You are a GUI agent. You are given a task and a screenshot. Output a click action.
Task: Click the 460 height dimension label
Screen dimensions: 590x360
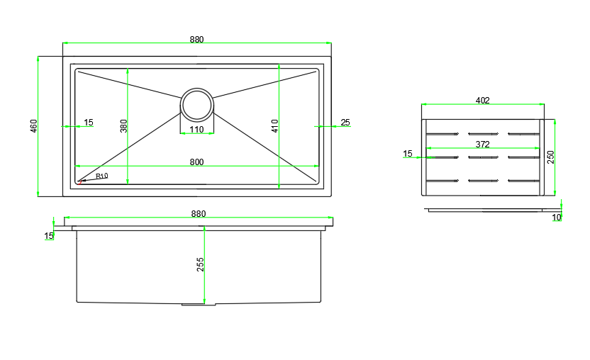coord(34,126)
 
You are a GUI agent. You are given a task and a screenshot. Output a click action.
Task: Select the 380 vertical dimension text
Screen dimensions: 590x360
coord(124,126)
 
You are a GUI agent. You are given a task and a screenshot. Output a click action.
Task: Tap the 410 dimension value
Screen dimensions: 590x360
coord(275,126)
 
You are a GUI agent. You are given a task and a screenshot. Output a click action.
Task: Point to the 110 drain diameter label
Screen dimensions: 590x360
coord(197,130)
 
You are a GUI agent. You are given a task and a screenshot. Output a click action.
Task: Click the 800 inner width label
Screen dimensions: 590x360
coord(197,162)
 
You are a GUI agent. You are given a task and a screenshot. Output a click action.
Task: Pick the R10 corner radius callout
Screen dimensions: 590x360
coord(101,176)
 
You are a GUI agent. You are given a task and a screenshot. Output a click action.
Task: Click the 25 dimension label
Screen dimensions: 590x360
coord(345,123)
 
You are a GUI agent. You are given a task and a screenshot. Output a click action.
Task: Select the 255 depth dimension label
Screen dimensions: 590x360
coord(200,264)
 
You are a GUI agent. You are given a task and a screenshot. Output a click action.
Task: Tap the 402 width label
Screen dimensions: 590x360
coord(483,101)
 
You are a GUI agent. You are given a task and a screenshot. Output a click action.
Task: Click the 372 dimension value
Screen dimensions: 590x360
coord(483,145)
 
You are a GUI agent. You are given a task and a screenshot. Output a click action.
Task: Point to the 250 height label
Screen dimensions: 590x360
coord(551,157)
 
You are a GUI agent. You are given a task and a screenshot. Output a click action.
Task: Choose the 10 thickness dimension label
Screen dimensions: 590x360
coord(557,218)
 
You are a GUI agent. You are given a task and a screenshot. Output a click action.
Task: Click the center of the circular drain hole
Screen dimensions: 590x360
coord(197,105)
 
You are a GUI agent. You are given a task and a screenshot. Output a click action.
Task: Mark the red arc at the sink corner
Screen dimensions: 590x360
coord(79,183)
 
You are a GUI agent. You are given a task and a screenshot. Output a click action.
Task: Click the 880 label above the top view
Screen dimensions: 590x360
coord(197,40)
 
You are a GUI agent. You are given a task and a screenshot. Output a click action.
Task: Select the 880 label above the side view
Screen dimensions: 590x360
coord(199,214)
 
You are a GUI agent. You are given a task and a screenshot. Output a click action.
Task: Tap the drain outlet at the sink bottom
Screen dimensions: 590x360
coord(199,304)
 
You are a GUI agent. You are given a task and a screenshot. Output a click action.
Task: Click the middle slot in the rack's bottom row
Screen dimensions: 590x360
coord(483,181)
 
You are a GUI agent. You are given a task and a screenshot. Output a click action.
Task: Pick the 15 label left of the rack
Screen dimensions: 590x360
coord(408,154)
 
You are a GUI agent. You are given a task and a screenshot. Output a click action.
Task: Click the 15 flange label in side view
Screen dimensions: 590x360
coord(49,236)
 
